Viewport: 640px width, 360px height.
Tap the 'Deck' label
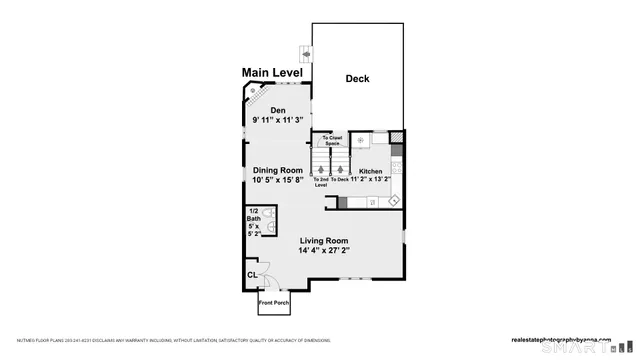pos(358,79)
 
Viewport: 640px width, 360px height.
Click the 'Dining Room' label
pos(277,170)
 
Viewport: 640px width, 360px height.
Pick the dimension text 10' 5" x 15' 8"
pos(278,181)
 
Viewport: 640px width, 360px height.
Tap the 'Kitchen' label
pos(370,171)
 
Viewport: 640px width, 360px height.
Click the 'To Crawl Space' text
pos(332,141)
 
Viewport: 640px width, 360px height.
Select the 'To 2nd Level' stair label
pos(321,182)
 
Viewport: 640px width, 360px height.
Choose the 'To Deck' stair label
pos(341,179)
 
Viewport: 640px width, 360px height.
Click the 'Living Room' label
pos(323,240)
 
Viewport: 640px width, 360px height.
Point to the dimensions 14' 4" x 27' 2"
pos(323,251)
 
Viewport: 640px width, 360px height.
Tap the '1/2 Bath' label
pos(253,214)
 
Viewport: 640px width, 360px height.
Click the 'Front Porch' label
pos(273,302)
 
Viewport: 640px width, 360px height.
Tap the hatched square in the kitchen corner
pos(397,137)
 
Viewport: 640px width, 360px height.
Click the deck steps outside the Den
pos(305,52)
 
